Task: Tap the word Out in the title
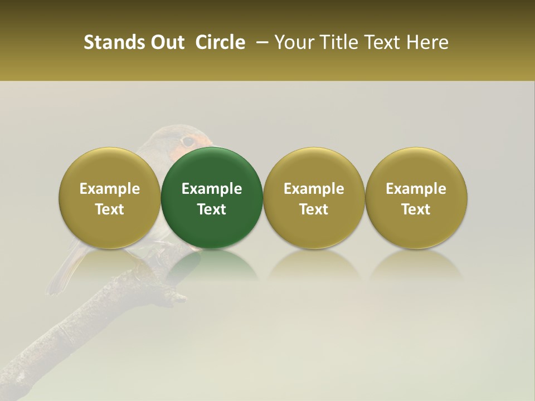pyautogui.click(x=167, y=42)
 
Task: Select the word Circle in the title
pyautogui.click(x=220, y=42)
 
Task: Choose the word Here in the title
pyautogui.click(x=428, y=42)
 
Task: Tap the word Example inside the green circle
pyautogui.click(x=212, y=189)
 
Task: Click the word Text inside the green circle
pyautogui.click(x=212, y=209)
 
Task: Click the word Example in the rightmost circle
pyautogui.click(x=416, y=189)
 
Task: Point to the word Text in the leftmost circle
pyautogui.click(x=110, y=209)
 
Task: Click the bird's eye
pyautogui.click(x=188, y=141)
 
